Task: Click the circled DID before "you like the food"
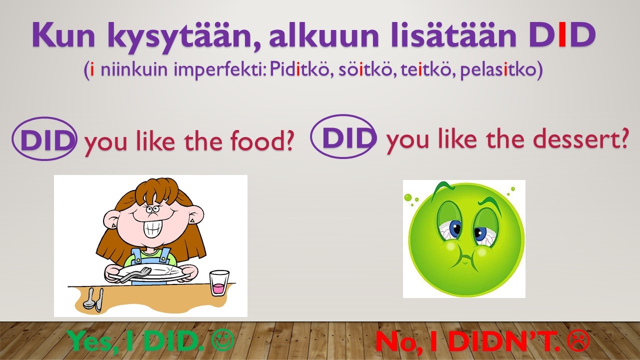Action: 44,139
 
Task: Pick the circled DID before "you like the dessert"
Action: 343,136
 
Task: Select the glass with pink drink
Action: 219,283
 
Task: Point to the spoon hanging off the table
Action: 89,299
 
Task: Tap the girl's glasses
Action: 151,209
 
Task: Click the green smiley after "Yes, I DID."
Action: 223,340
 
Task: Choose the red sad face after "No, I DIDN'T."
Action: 578,341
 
